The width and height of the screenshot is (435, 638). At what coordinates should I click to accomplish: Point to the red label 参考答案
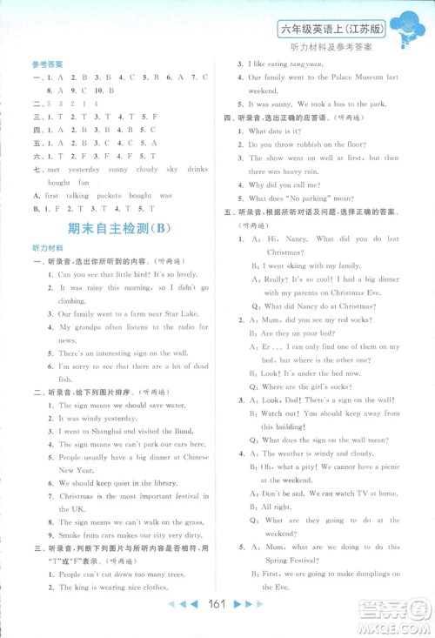42,63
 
